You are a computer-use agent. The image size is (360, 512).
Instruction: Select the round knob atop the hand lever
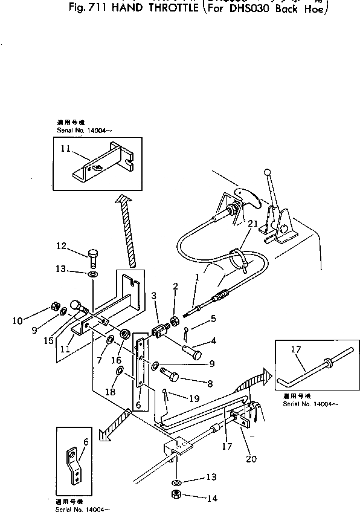(266, 174)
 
